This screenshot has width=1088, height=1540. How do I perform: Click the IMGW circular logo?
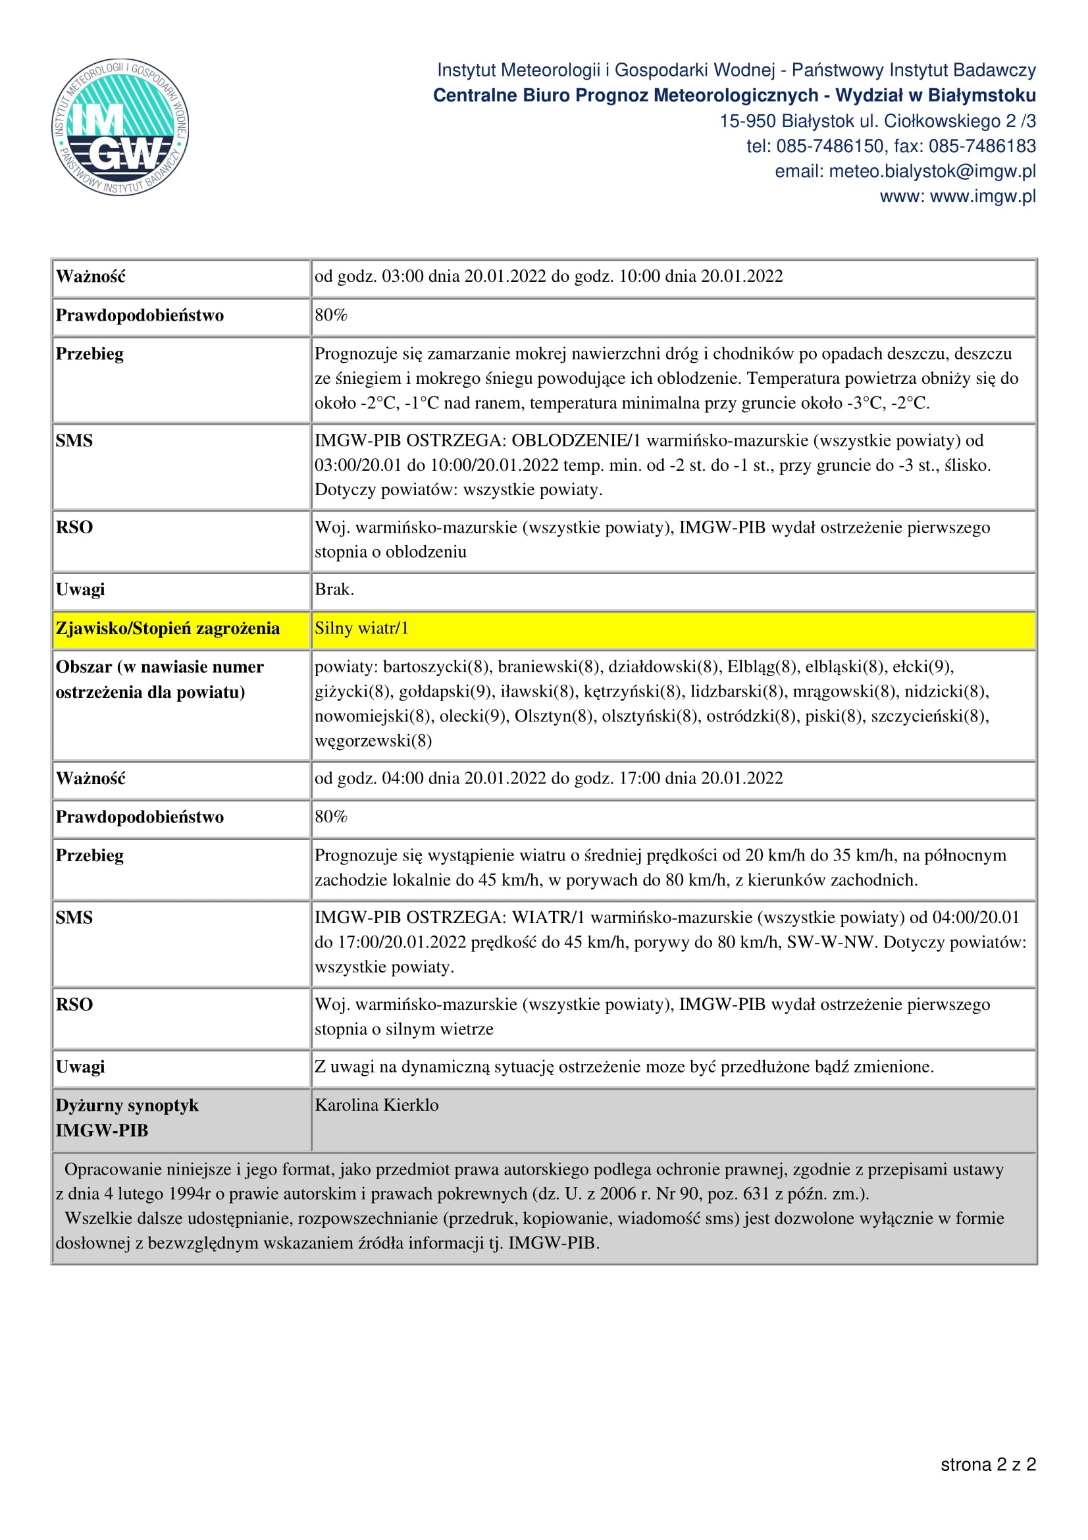pos(120,127)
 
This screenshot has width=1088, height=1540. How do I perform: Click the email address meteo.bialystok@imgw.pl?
pos(932,172)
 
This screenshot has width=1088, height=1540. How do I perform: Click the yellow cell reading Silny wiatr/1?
pos(361,629)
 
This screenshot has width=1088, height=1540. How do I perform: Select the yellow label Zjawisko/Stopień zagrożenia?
pos(168,629)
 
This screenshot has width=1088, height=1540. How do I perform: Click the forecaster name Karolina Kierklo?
pos(376,1105)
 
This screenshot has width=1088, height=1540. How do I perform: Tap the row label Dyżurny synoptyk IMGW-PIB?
pos(128,1117)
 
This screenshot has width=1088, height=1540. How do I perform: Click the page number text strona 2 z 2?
pos(987,1464)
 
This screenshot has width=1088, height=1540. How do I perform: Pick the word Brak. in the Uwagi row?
pos(334,589)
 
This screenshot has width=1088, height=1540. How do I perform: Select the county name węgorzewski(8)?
pos(373,741)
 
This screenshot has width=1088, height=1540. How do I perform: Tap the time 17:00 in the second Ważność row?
pos(639,778)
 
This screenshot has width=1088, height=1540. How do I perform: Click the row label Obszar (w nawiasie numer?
pos(159,667)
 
